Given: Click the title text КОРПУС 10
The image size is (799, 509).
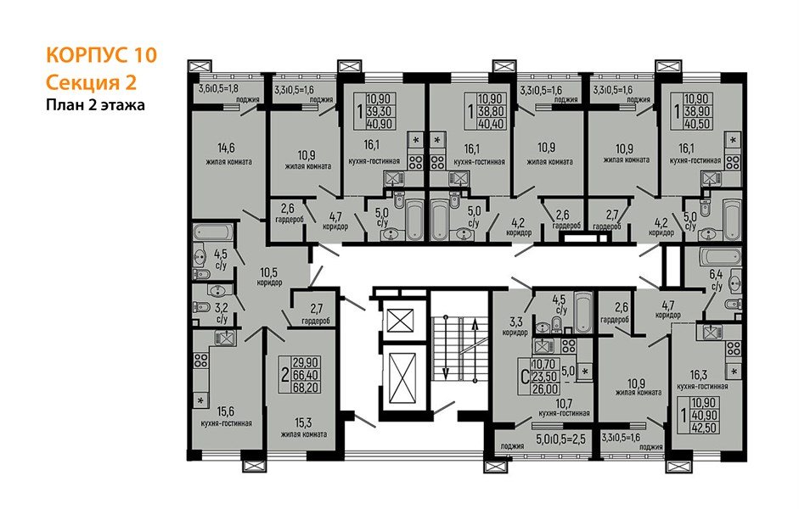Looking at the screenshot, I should click(x=100, y=57).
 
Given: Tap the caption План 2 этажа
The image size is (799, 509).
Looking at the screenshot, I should click(x=95, y=105).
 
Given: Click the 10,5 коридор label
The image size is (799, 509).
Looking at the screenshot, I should click(x=268, y=277).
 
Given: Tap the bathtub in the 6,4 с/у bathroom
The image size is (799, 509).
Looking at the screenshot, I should click(x=724, y=255).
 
